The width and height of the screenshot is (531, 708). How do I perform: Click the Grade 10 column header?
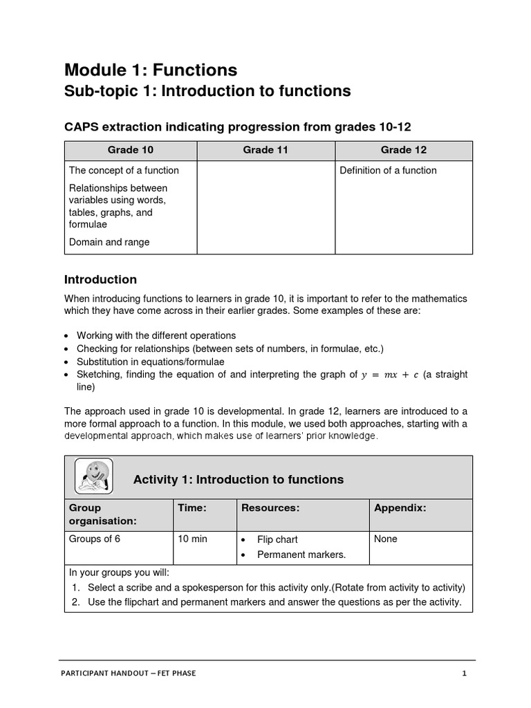[x=131, y=150]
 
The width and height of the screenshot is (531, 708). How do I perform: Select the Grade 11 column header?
[x=265, y=150]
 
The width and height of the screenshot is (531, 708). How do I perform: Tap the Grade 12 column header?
[x=404, y=150]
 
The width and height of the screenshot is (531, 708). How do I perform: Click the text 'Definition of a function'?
[x=388, y=170]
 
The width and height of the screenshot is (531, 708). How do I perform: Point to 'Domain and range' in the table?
[x=109, y=242]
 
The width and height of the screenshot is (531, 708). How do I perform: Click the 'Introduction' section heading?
[x=100, y=279]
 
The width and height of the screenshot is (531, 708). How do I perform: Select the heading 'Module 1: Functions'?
[x=151, y=70]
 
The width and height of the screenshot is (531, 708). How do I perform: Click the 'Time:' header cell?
[x=192, y=507]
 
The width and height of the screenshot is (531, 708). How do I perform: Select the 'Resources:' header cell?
[x=270, y=507]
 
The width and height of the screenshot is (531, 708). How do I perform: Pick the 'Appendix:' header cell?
[x=400, y=507]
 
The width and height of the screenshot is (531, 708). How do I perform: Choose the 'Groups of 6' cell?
[x=95, y=539]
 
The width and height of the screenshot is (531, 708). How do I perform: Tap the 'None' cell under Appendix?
[x=386, y=539]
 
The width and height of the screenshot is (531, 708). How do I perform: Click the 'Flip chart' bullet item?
[x=277, y=539]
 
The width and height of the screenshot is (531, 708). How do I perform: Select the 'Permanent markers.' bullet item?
[x=301, y=555]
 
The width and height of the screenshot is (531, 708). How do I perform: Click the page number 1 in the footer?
[x=465, y=673]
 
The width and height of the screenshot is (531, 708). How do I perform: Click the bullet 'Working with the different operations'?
[x=156, y=335]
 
